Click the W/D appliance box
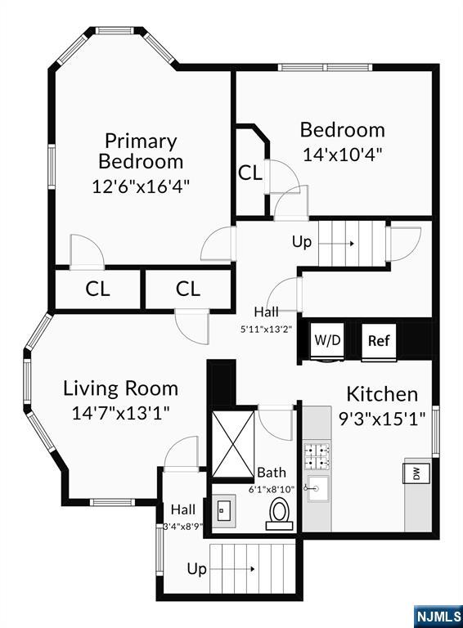328,341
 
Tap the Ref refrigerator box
379,341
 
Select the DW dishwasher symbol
416,473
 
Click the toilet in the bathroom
280,514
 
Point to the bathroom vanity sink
223,511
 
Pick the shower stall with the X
232,444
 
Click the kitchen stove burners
317,456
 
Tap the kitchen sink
317,489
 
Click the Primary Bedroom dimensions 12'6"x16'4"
141,186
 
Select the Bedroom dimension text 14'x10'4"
343,155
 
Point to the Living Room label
120,388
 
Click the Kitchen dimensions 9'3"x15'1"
382,419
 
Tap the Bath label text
272,472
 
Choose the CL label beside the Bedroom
250,173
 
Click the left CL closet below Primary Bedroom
97,289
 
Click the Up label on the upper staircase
302,242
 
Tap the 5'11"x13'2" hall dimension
266,330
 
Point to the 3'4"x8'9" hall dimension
183,527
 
